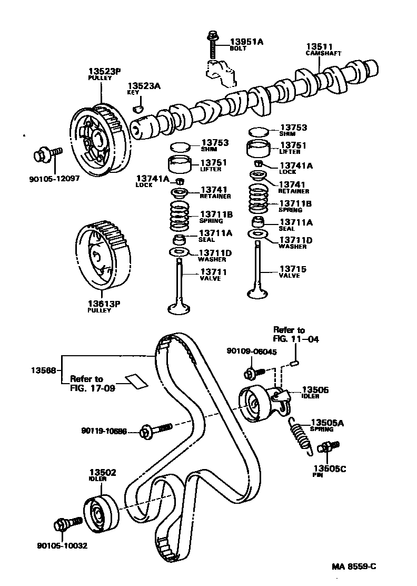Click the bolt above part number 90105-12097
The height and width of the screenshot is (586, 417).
(x=46, y=155)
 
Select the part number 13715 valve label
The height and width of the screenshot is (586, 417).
(x=292, y=269)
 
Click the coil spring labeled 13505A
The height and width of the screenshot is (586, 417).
(x=301, y=433)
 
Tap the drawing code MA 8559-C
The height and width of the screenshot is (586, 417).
(x=354, y=567)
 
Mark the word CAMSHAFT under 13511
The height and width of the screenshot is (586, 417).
(x=323, y=53)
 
